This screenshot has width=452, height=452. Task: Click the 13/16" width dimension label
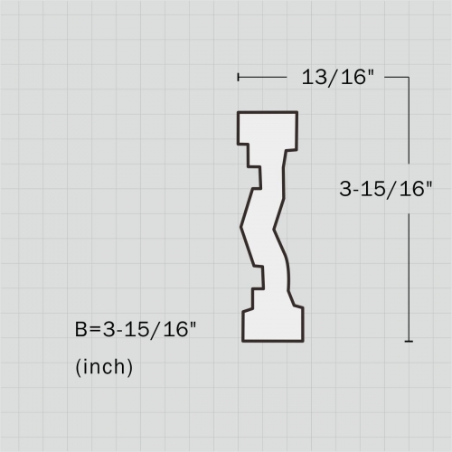[x=337, y=77]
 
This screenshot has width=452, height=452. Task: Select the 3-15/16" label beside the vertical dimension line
[x=386, y=189]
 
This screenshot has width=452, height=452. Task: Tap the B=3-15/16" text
[x=136, y=329]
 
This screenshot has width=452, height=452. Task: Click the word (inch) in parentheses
[x=104, y=367]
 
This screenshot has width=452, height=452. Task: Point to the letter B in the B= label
[x=80, y=329]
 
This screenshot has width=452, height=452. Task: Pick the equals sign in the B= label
[x=95, y=330]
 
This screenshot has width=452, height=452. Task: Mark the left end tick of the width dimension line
[x=239, y=77]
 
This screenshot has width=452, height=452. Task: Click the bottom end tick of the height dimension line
[x=409, y=341]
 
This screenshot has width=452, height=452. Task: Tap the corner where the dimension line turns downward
[x=409, y=78]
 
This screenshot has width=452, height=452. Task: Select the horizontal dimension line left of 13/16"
[x=262, y=78]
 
